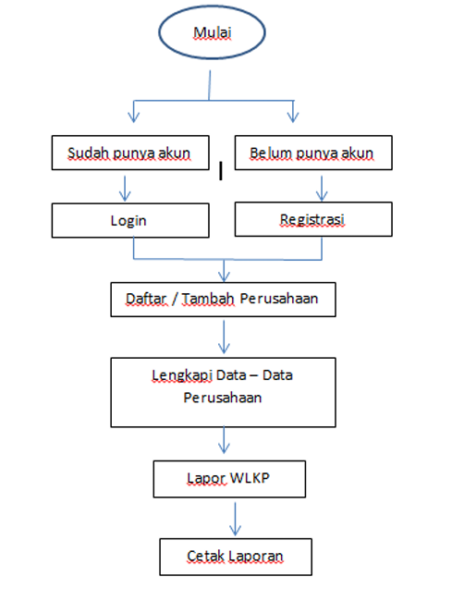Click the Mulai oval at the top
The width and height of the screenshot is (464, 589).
point(212,32)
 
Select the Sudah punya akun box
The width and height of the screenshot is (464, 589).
point(130,153)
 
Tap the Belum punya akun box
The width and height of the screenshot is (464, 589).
point(313,153)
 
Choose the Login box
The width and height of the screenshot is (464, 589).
point(130,220)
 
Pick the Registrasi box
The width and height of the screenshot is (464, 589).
point(313,219)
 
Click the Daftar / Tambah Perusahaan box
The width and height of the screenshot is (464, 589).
point(223,300)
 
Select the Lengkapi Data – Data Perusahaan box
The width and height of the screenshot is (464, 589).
point(223,392)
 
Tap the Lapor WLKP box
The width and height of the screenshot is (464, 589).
point(229,479)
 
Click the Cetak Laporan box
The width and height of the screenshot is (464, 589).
point(236,557)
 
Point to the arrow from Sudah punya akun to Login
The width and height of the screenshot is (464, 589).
point(125,189)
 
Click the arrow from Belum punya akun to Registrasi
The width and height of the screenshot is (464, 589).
point(322,189)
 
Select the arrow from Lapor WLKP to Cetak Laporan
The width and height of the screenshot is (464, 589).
point(236,519)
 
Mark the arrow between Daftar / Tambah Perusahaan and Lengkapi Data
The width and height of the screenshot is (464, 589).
point(224,337)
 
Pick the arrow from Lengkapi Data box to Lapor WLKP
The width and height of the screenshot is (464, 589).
point(224,440)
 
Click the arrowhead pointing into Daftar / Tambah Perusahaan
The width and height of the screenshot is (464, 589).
point(224,276)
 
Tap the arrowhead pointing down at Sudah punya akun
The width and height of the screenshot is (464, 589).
point(134,117)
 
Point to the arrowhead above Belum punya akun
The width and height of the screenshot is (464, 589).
point(293,117)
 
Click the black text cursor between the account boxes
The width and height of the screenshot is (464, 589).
point(221,171)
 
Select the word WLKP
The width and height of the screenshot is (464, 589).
point(250,478)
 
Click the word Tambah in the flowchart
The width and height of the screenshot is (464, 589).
point(208,299)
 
